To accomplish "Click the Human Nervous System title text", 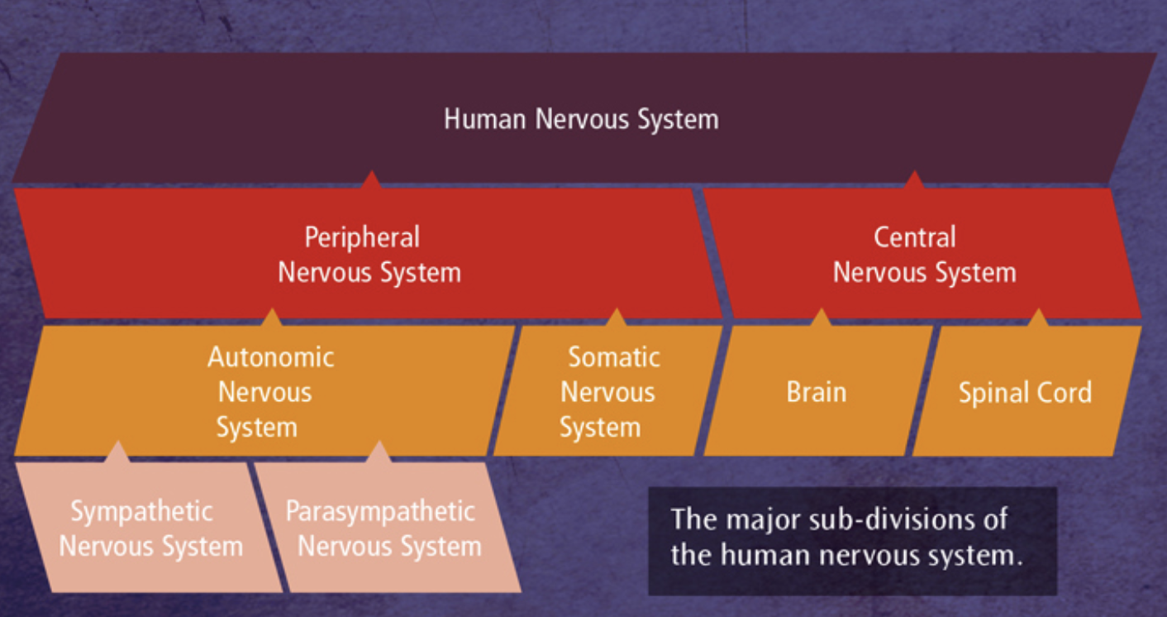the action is tap(581, 119).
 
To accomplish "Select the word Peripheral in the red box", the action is tap(362, 238).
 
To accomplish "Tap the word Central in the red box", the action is tap(915, 237).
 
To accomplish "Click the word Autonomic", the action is tap(271, 358).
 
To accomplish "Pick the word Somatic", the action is tap(614, 358).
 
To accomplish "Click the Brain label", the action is tap(817, 392).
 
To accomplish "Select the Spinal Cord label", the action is tap(1026, 393).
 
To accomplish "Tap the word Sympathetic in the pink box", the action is tap(141, 512).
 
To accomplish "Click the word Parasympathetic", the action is tap(380, 512).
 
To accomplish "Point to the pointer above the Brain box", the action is tap(821, 317).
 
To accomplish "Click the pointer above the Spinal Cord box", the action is tap(1038, 317).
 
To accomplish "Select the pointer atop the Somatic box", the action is tap(617, 317).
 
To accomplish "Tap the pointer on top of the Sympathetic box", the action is tap(117, 452).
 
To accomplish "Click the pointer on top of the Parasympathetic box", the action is tap(379, 452).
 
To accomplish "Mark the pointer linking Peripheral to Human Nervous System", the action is tap(371, 179).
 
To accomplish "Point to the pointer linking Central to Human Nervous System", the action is tap(914, 179).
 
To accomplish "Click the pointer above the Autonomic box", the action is tap(271, 317).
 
